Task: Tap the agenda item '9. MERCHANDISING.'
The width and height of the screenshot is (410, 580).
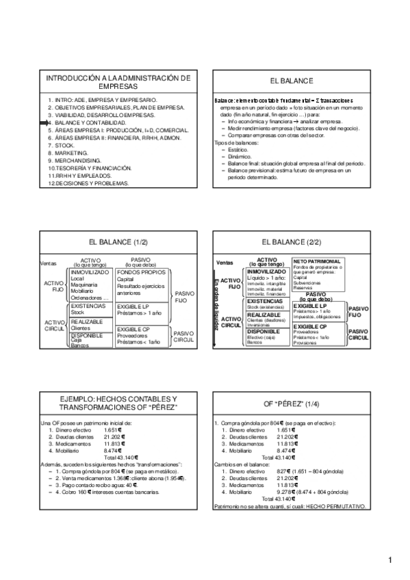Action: [76, 160]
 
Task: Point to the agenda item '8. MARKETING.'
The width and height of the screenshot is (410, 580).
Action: [71, 153]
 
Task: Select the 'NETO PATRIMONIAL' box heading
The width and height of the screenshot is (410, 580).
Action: [316, 261]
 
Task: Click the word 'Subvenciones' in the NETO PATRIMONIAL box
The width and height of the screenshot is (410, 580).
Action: [307, 283]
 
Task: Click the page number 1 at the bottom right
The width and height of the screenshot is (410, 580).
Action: [389, 562]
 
